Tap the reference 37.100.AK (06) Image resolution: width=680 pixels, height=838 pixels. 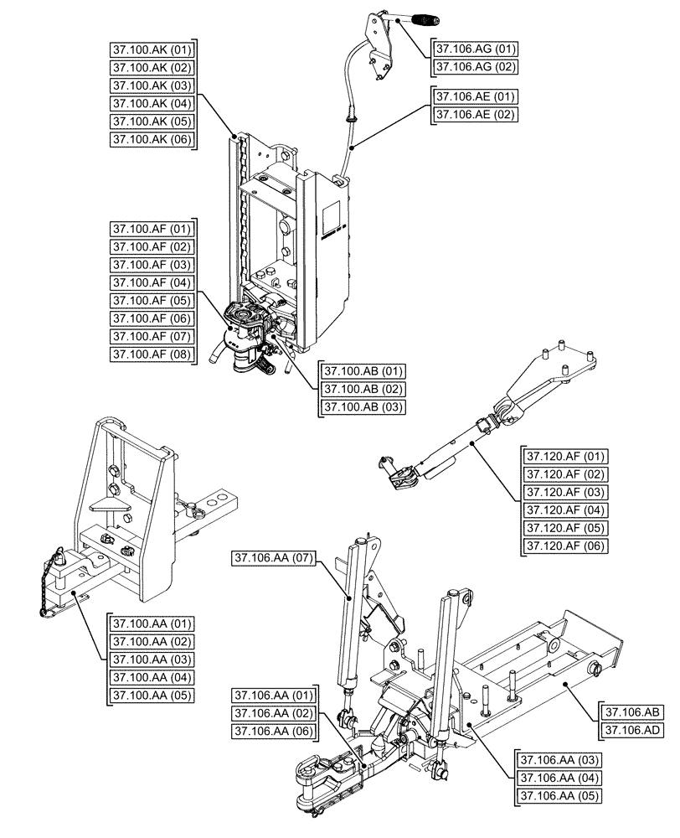152,140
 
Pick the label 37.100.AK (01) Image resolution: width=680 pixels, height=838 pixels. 152,49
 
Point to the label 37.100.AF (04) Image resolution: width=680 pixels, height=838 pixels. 152,282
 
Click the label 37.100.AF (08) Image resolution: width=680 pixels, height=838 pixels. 152,354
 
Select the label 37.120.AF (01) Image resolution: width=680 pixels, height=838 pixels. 566,457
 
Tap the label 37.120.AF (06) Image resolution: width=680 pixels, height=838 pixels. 566,546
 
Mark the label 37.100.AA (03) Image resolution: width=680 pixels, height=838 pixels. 152,660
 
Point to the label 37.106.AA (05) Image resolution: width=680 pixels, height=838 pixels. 559,795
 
